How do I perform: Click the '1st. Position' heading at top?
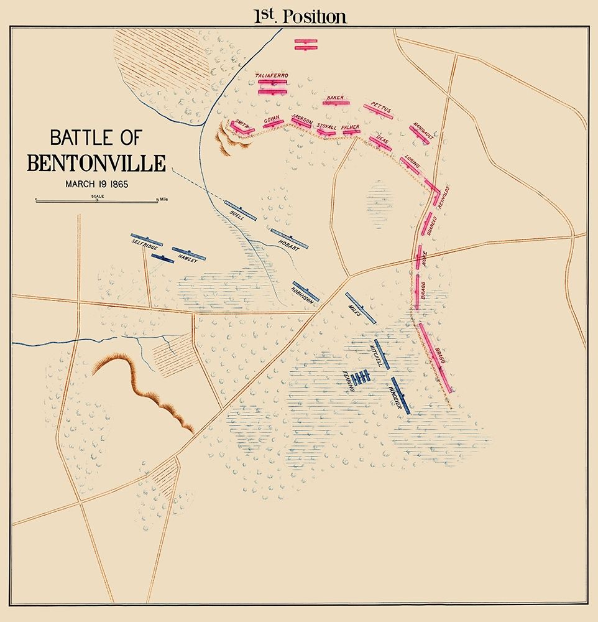point(300,16)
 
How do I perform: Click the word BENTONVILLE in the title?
point(96,163)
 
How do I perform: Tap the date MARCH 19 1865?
point(96,184)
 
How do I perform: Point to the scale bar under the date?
point(96,200)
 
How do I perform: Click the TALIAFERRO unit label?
point(272,76)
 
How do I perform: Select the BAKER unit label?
point(334,98)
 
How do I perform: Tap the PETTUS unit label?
point(380,105)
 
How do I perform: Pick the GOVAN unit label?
point(272,118)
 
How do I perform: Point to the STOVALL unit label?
point(326,126)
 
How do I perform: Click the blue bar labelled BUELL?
point(241,211)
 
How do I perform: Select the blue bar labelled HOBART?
point(289,239)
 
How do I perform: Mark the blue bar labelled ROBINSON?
point(305,291)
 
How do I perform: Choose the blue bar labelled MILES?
point(361,308)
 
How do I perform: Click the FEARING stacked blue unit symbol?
point(361,377)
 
